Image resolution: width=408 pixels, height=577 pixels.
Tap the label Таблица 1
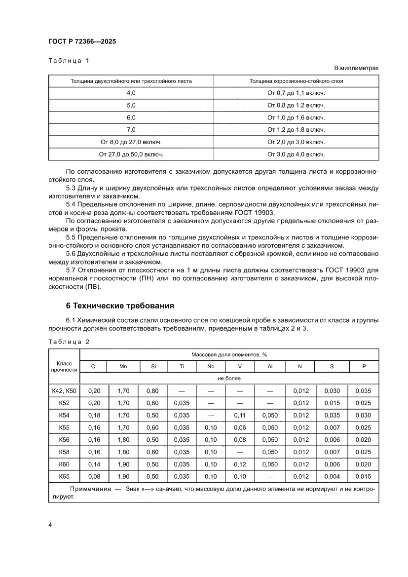tap(69, 61)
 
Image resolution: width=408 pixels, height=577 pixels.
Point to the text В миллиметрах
tap(356, 68)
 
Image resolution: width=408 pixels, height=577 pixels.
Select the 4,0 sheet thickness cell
tap(131, 92)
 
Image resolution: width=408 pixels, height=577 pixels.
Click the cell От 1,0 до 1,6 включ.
tap(296, 117)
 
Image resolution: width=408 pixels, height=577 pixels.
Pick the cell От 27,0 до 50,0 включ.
tap(131, 154)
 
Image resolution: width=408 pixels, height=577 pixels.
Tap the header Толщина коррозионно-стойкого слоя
tap(296, 80)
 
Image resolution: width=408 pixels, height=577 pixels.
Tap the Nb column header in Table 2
tap(211, 367)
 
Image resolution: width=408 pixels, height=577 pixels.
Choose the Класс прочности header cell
tap(64, 366)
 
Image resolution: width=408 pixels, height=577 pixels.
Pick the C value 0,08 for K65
tap(94, 476)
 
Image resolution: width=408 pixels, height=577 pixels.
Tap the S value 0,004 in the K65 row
tap(331, 476)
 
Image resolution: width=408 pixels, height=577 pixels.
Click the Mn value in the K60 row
tap(123, 464)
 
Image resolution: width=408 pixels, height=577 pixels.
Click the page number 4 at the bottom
tap(50, 524)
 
